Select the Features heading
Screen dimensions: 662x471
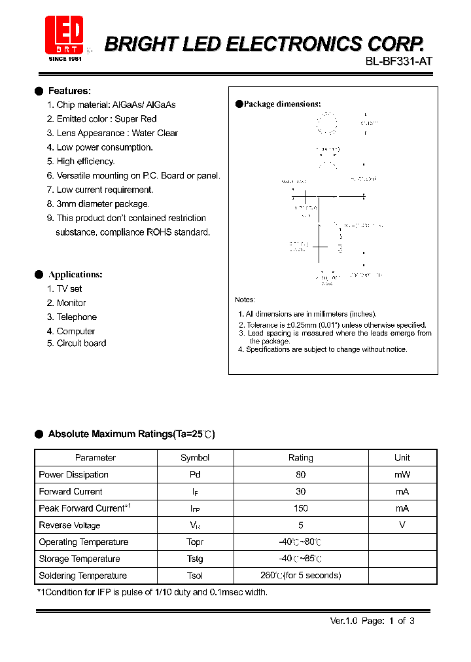click(69, 91)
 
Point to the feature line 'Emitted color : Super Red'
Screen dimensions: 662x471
click(106, 119)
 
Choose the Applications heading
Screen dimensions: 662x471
click(75, 275)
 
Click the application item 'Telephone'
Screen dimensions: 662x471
click(77, 317)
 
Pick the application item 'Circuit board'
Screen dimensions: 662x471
click(81, 343)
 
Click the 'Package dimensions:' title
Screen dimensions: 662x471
click(282, 104)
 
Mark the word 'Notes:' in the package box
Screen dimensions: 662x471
click(245, 300)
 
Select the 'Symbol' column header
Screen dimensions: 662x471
click(195, 458)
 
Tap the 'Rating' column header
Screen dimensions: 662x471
click(301, 458)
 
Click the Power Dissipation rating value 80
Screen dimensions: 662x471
click(301, 475)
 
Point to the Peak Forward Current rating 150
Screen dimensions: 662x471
click(301, 508)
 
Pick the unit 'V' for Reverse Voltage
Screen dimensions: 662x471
click(402, 525)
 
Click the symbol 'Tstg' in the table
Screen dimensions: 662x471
click(195, 559)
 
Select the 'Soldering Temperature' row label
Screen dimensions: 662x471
click(83, 576)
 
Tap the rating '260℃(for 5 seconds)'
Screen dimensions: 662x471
click(301, 576)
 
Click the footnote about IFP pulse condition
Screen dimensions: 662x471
click(152, 592)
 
